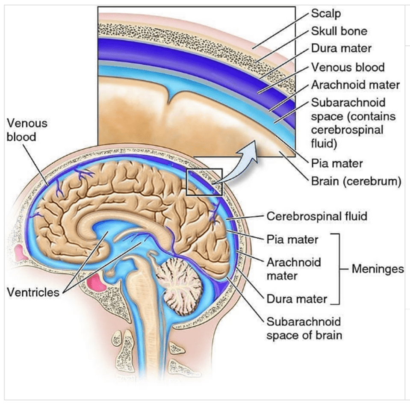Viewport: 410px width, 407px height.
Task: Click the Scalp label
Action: click(x=326, y=14)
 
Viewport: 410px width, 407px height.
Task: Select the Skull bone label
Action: click(x=339, y=31)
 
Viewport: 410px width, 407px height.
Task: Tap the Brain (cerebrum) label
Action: click(x=356, y=181)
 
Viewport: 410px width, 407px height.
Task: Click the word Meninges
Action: click(x=377, y=269)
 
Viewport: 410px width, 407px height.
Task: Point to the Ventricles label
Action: click(x=33, y=294)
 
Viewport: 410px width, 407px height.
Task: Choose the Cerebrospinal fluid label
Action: click(x=317, y=216)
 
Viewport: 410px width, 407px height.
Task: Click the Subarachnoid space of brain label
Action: click(x=304, y=327)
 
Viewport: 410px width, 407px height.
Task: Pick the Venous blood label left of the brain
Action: click(x=27, y=130)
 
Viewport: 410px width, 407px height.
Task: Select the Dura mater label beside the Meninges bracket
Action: click(x=297, y=299)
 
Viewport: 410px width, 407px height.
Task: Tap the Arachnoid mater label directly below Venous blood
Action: click(x=355, y=85)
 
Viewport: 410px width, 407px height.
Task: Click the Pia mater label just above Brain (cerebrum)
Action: click(x=336, y=163)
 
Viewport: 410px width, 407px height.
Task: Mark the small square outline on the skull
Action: click(x=204, y=181)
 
